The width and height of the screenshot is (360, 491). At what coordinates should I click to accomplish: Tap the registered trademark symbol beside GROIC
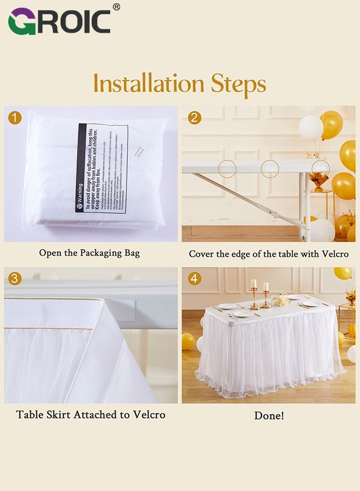tap(116, 7)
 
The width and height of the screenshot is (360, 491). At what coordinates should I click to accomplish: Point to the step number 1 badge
tap(15, 117)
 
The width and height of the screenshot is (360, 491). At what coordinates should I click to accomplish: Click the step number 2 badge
tap(194, 117)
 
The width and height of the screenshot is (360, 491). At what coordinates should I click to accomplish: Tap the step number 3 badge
tap(15, 279)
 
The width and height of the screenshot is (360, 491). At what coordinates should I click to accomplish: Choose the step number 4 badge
tap(194, 279)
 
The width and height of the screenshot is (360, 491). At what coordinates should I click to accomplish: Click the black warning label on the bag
tap(101, 168)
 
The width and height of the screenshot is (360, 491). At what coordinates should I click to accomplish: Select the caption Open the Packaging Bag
tap(89, 253)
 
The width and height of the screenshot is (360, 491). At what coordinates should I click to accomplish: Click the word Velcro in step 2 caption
tap(333, 254)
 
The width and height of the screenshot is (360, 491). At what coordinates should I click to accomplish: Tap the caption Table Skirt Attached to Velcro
tap(91, 415)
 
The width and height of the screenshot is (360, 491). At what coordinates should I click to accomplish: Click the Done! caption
tap(269, 416)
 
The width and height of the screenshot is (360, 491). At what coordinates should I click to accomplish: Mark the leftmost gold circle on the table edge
tap(227, 168)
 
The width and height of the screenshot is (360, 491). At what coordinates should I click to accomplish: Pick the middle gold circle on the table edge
tap(269, 168)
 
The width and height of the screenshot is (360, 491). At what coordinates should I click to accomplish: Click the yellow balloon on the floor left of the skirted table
tap(188, 342)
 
